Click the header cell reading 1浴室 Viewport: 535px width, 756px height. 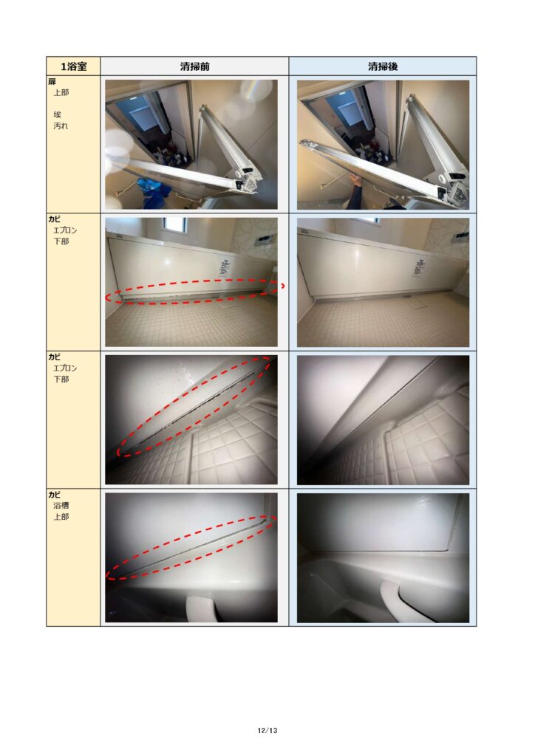coord(73,66)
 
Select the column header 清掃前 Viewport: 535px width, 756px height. coord(195,66)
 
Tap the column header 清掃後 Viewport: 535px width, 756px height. coord(383,66)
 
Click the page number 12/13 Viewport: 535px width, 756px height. coord(267,730)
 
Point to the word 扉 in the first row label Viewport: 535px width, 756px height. coord(52,82)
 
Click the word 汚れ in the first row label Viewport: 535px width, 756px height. coord(61,126)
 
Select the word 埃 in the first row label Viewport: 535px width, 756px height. coord(57,114)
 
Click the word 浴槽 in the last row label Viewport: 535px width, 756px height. coord(61,505)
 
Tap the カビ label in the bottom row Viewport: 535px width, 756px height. coord(54,495)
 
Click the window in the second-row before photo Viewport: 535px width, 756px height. coord(174,224)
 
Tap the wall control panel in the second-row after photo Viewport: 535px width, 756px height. coord(462,237)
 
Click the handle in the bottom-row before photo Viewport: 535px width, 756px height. coord(202,608)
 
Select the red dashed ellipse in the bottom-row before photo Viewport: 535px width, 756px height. coord(191,548)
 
